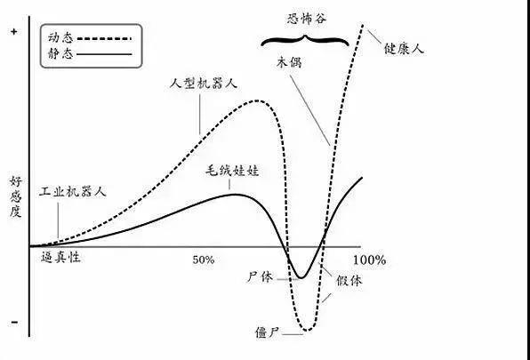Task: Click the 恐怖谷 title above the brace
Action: [307, 19]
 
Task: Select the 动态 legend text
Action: [60, 37]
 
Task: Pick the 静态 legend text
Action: [60, 53]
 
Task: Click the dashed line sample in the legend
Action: [104, 38]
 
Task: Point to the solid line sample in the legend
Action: [104, 54]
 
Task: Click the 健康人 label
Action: [404, 49]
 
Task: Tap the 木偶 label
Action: [289, 62]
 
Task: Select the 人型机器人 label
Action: [204, 83]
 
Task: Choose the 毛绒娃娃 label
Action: [233, 171]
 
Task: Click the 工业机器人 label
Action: [73, 191]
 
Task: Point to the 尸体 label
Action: [260, 277]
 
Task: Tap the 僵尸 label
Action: [267, 332]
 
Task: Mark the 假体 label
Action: [349, 280]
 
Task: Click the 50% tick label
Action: [204, 260]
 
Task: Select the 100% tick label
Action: [369, 260]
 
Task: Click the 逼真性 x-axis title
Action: [60, 258]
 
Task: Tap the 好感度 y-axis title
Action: [15, 196]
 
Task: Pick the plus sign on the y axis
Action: [13, 32]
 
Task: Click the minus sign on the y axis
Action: [14, 322]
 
